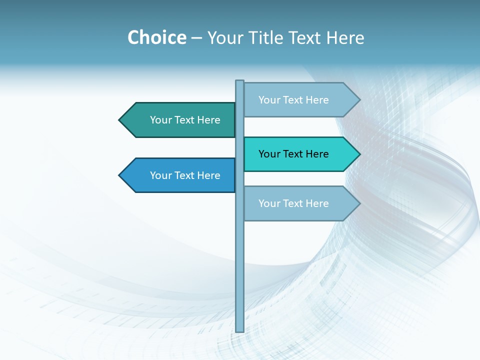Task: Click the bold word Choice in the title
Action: point(156,38)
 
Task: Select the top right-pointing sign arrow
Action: point(300,100)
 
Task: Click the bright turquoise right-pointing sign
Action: point(300,154)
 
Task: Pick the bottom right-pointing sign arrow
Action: point(300,203)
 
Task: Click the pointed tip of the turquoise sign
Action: point(358,154)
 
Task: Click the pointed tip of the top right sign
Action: point(358,100)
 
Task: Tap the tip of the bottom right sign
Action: point(358,203)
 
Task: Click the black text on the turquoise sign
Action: point(293,154)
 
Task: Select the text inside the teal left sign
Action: point(185,120)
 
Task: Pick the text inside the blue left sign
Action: point(185,175)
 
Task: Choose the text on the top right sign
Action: point(293,100)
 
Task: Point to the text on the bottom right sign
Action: point(293,203)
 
